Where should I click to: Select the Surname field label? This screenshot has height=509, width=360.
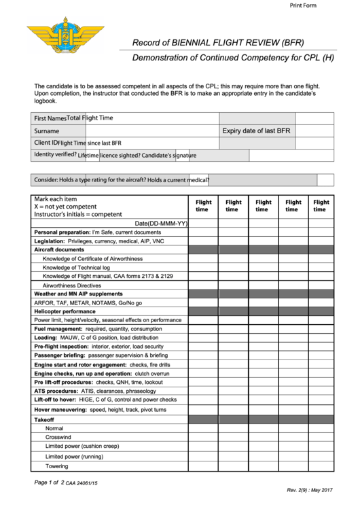47,130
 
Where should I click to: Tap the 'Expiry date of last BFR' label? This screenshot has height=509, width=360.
257,130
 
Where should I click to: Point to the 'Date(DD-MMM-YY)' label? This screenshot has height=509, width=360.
160,223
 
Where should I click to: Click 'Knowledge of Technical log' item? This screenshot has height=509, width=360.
76,267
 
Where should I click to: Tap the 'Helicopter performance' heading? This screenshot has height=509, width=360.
65,311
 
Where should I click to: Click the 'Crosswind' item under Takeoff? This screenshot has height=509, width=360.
58,437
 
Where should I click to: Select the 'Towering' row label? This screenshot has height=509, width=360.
56,466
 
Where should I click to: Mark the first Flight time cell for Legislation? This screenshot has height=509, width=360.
203,241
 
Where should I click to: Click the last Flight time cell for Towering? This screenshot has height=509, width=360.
321,466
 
